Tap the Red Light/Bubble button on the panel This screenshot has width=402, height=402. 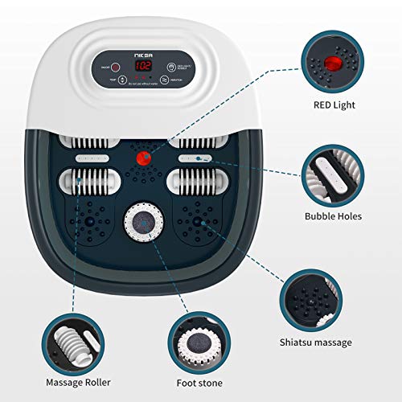tap(172, 68)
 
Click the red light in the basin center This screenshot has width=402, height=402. tap(146, 159)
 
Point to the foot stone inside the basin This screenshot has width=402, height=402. tap(143, 224)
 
